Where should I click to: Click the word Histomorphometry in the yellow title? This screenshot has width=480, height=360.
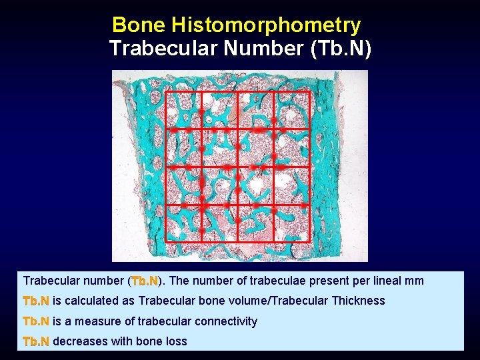(x=266, y=25)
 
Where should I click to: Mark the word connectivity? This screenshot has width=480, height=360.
(x=225, y=321)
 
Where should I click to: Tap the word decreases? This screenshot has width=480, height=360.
(x=78, y=341)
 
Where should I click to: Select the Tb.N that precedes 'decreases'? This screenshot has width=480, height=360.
(x=36, y=341)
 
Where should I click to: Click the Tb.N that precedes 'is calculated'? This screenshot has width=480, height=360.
(x=36, y=301)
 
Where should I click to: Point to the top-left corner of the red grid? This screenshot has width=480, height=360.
(x=165, y=91)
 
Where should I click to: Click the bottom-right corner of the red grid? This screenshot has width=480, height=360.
(x=310, y=241)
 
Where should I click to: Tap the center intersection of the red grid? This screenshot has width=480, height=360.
(x=237, y=167)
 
